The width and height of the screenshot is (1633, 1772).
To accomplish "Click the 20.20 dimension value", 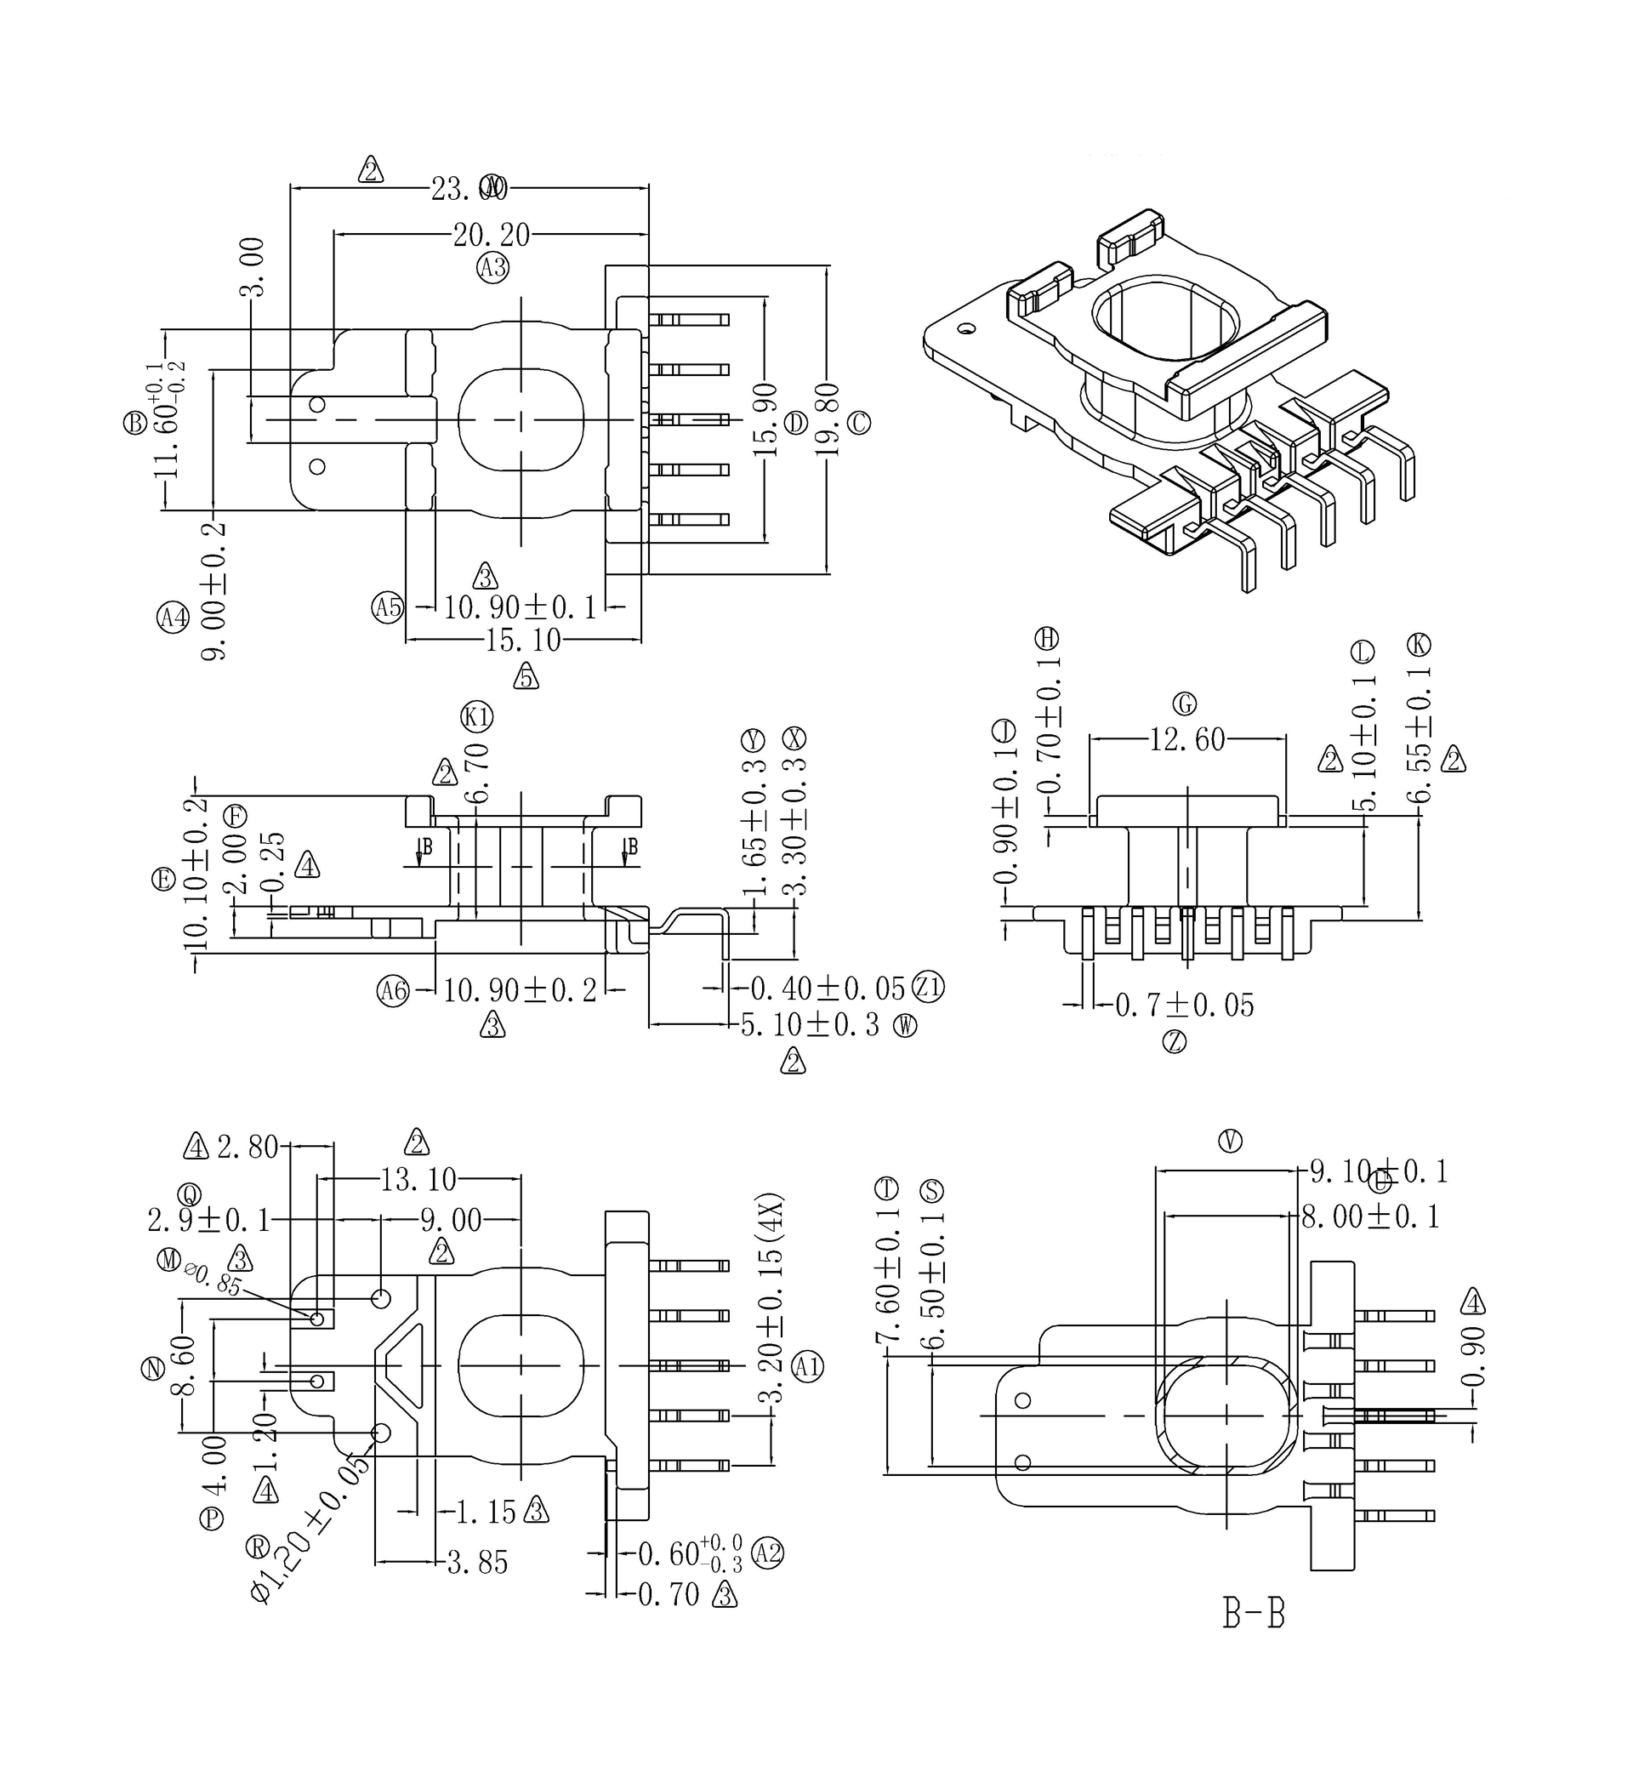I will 492,235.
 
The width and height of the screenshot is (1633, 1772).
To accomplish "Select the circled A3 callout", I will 493,266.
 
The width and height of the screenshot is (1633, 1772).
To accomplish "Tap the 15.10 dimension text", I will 523,640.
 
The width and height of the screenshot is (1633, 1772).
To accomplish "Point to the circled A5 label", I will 387,607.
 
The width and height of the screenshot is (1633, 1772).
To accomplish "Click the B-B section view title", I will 1253,1613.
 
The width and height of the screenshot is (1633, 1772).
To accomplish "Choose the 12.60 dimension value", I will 1186,739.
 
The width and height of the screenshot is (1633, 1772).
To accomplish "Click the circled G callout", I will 1184,704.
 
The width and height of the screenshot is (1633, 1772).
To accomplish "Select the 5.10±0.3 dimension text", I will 811,1025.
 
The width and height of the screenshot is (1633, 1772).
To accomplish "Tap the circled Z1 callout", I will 928,986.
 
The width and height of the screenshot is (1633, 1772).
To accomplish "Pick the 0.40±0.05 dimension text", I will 828,987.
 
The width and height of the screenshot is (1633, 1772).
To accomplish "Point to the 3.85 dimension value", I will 477,1564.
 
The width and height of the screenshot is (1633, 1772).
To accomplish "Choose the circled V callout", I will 1230,1142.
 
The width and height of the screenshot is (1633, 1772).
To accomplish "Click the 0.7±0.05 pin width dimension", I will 1184,1006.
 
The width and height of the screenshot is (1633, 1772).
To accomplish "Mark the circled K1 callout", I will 477,717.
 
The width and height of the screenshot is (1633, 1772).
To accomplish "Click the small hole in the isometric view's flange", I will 968,328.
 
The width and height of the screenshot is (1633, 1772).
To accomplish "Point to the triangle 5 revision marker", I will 526,676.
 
